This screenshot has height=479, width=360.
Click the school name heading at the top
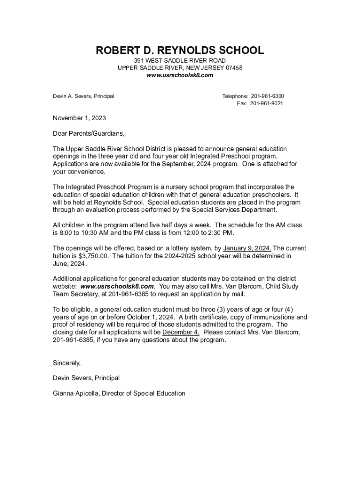pyautogui.click(x=180, y=50)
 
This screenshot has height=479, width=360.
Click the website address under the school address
pyautogui.click(x=180, y=75)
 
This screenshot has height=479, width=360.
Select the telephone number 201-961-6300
pyautogui.click(x=267, y=96)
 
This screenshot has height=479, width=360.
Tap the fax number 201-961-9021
pyautogui.click(x=266, y=103)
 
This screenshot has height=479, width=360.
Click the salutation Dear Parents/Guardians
pyautogui.click(x=89, y=133)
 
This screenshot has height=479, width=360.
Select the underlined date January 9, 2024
pyautogui.click(x=247, y=248)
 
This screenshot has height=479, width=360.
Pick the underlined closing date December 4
pyautogui.click(x=181, y=332)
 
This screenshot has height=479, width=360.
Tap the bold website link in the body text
pyautogui.click(x=117, y=286)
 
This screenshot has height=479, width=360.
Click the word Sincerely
pyautogui.click(x=67, y=363)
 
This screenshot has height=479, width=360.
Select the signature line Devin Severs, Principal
pyautogui.click(x=86, y=377)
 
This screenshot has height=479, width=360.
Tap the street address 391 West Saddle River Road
pyautogui.click(x=180, y=61)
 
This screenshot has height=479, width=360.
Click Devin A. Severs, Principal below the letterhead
pyautogui.click(x=84, y=96)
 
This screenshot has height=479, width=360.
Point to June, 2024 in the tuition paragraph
pyautogui.click(x=70, y=263)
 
